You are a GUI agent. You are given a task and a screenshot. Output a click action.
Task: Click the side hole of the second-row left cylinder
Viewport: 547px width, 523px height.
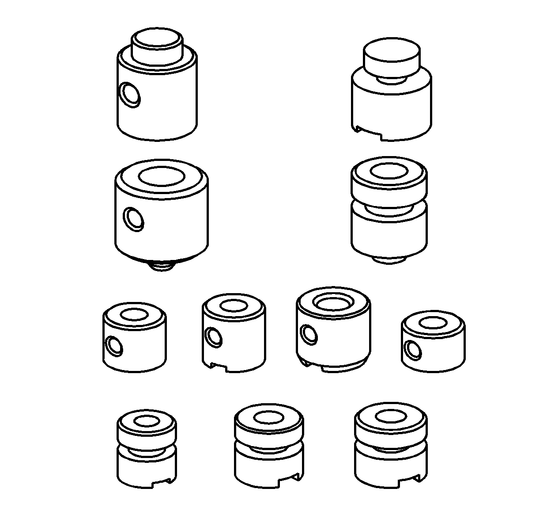tap(133, 219)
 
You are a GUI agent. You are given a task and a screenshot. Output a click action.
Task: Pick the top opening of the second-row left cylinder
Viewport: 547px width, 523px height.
tap(161, 176)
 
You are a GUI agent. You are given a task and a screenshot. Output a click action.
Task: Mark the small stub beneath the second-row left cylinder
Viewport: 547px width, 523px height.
tap(162, 266)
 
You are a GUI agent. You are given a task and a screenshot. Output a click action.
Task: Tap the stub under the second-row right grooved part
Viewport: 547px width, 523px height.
tap(389, 260)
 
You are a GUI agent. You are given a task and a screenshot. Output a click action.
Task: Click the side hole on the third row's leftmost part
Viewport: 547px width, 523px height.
tap(114, 345)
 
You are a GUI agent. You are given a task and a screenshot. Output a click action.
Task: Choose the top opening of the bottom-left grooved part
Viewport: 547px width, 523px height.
tap(147, 421)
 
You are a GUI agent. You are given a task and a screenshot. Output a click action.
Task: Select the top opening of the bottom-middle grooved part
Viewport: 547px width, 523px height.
tap(269, 417)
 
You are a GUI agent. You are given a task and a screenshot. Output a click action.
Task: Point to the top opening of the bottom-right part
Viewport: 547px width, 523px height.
tap(391, 416)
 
